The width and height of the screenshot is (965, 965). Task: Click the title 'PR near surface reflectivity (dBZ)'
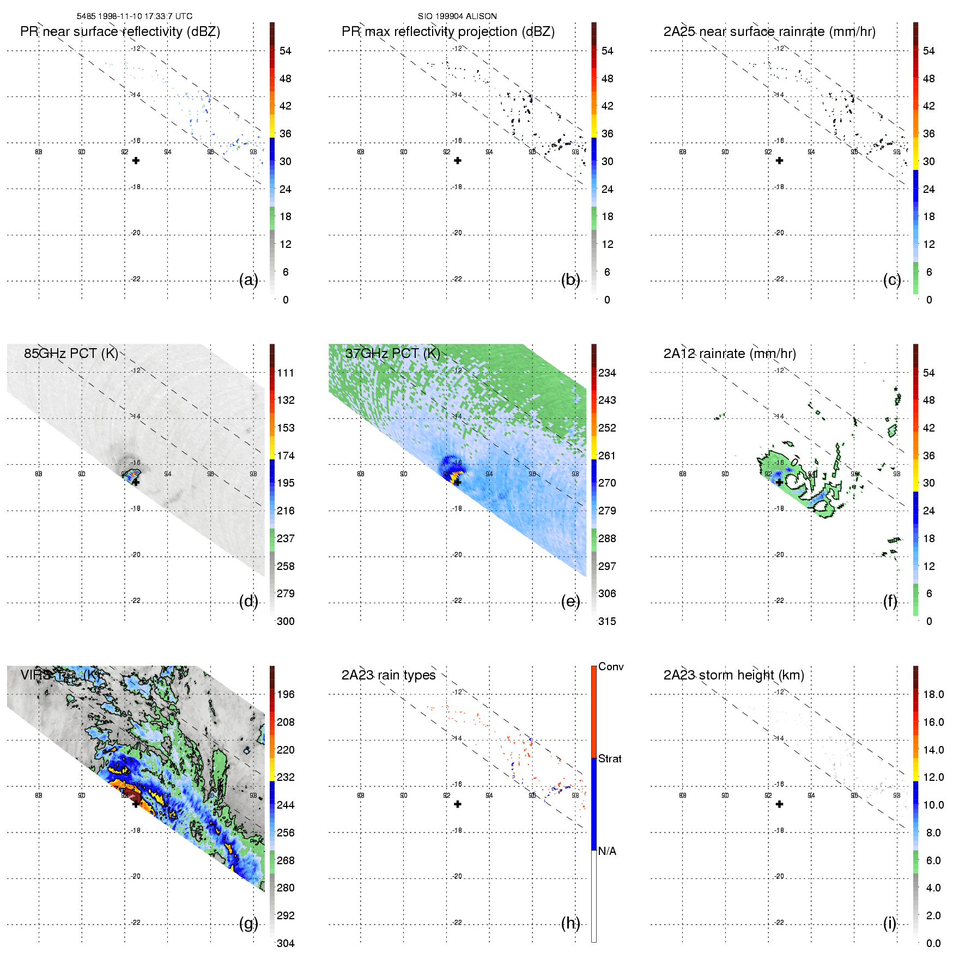120,32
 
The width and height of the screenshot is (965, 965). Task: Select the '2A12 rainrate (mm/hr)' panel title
730,354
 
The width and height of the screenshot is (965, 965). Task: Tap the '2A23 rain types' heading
389,675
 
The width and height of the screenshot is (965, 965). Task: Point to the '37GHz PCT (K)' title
392,354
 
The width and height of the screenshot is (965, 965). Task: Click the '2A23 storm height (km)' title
733,675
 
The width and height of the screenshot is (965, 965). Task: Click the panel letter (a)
248,280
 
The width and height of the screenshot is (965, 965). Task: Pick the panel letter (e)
570,602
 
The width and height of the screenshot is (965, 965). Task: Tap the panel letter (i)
890,923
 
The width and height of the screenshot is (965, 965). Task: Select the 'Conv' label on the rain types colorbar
611,666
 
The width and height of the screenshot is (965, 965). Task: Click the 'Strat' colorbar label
610,758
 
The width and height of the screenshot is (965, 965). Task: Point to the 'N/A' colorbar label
607,851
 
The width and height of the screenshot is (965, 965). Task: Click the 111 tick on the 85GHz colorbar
286,373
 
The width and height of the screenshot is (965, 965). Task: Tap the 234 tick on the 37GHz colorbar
607,373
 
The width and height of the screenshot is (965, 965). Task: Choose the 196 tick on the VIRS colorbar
286,694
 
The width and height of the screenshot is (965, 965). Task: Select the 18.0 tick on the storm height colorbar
933,694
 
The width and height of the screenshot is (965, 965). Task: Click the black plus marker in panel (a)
136,161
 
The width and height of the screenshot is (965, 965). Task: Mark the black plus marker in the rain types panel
458,804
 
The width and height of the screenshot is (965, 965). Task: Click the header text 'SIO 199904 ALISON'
457,16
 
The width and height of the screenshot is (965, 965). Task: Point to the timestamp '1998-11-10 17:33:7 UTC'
145,16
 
